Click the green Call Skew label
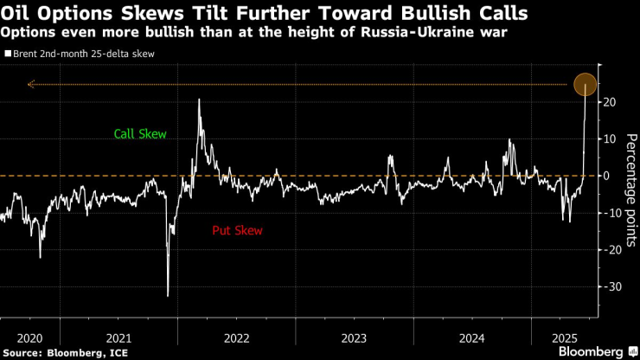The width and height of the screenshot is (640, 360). coord(140,134)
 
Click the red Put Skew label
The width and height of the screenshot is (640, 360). coord(237,231)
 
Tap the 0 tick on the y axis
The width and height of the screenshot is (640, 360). coord(608,176)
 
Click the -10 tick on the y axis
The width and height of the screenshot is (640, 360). coord(612,213)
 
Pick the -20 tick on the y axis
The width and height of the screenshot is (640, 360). coord(612,249)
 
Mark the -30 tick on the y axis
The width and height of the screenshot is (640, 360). coord(612,286)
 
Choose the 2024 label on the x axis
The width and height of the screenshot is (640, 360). coord(472,337)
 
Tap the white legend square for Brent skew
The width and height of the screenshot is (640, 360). coord(8,54)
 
